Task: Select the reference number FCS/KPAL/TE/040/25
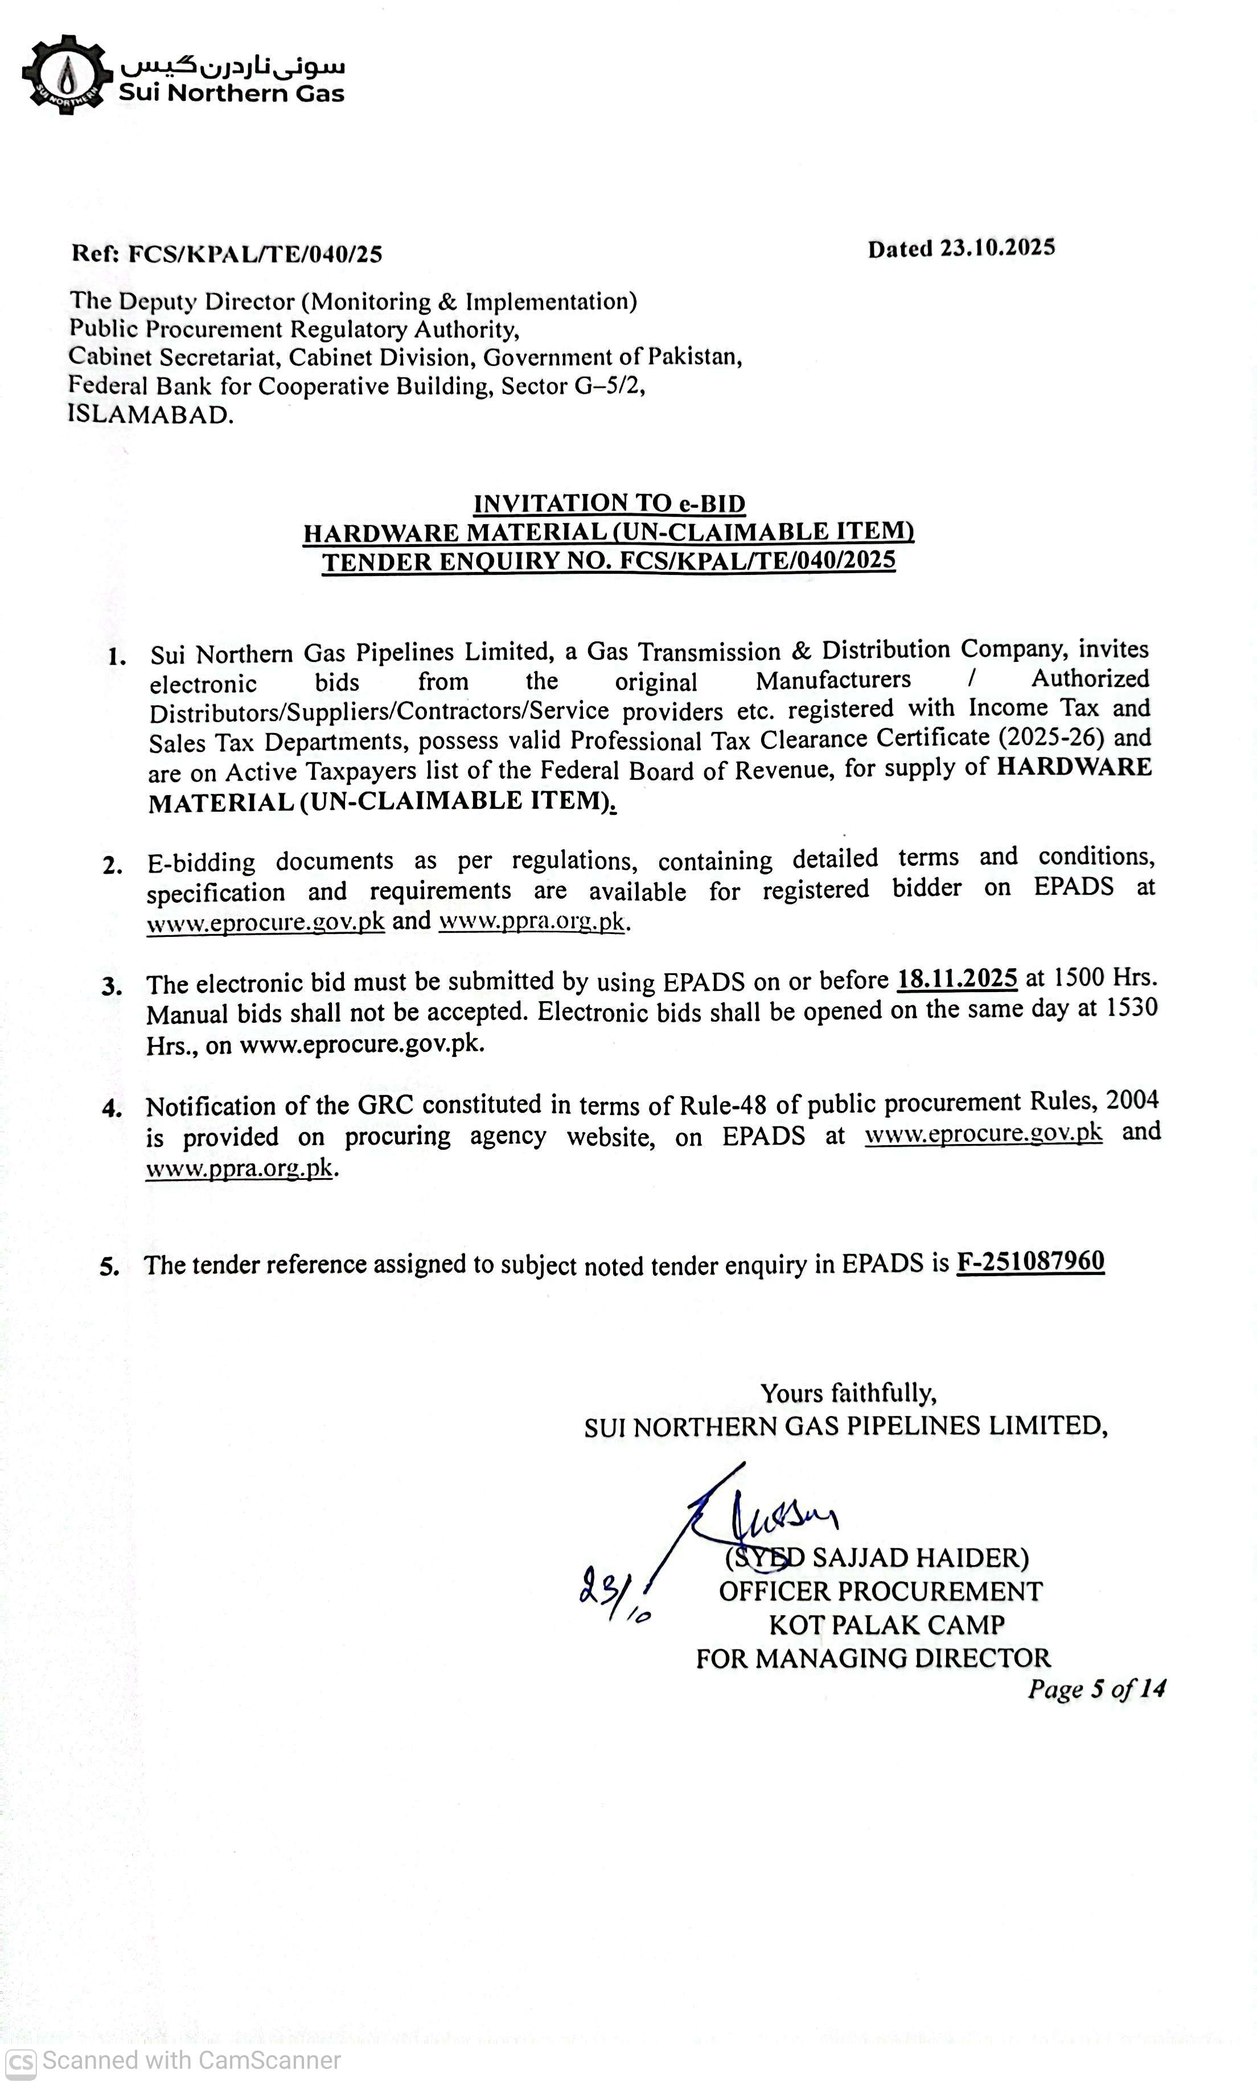254,254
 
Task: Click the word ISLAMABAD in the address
150,415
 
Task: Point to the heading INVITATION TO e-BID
609,504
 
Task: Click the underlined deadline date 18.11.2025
957,978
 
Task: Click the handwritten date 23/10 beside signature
614,1596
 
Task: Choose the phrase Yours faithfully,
848,1393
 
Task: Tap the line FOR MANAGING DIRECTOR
873,1657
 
